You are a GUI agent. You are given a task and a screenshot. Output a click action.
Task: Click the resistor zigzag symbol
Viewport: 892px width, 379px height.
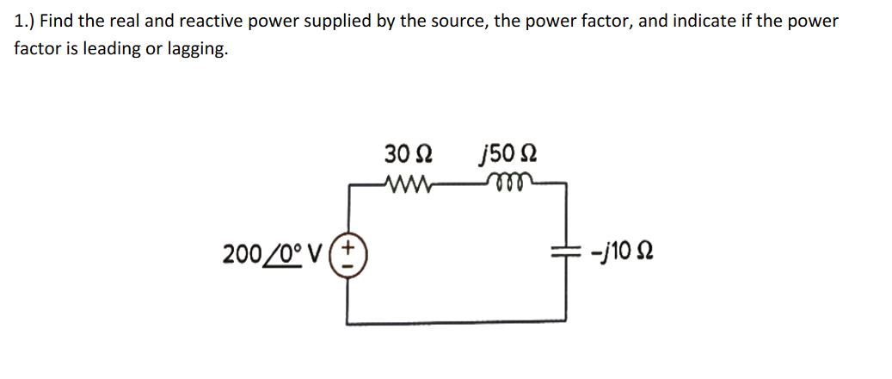pos(407,183)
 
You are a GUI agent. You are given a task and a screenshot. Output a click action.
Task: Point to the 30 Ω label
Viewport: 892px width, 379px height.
pos(408,155)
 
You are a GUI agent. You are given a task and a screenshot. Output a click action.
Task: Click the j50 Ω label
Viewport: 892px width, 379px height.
pos(508,155)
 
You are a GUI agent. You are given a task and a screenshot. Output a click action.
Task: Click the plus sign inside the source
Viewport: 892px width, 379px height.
pos(348,247)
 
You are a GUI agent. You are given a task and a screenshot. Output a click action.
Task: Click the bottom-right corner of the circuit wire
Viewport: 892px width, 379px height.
pos(566,323)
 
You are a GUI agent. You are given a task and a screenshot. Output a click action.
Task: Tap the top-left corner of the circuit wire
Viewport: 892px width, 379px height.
pos(348,183)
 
